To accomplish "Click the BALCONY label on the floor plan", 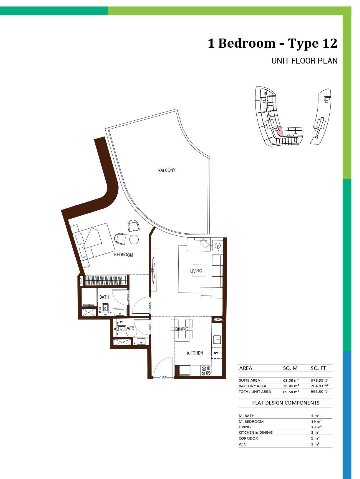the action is tap(167, 170).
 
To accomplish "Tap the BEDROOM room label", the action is tap(124, 255).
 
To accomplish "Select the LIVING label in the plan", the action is tap(196, 271).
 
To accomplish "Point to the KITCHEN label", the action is tap(195, 353).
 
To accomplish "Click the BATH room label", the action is tap(104, 297).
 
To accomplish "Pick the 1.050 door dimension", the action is tap(163, 377).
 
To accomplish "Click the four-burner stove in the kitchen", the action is tap(206, 371).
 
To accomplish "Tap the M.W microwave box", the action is tap(216, 353).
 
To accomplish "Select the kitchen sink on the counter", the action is tap(218, 340).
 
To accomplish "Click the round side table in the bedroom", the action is tap(134, 239).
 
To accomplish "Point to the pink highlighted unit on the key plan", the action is tap(279, 132).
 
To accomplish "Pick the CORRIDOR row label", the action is tap(248, 438).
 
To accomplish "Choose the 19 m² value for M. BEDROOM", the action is tap(316, 421).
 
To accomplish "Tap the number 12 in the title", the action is tap(330, 43).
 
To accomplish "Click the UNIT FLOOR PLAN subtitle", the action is tap(305, 61).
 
